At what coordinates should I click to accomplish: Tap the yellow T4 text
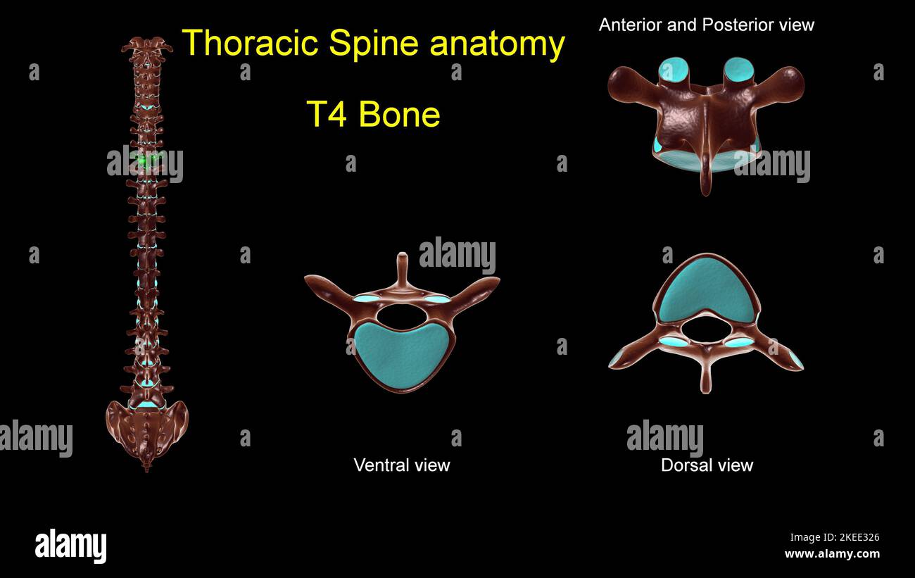tap(327, 115)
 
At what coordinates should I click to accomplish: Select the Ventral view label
tap(401, 465)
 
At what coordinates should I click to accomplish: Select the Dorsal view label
tap(707, 465)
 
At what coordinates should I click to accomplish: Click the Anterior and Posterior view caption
tap(706, 25)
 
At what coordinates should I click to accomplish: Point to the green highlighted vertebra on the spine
tap(146, 161)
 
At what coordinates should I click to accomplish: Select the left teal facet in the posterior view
tap(674, 70)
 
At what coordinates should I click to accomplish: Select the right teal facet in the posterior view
tap(738, 69)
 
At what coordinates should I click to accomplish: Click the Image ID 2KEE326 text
tap(834, 537)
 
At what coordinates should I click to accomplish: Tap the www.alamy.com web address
tap(831, 554)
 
